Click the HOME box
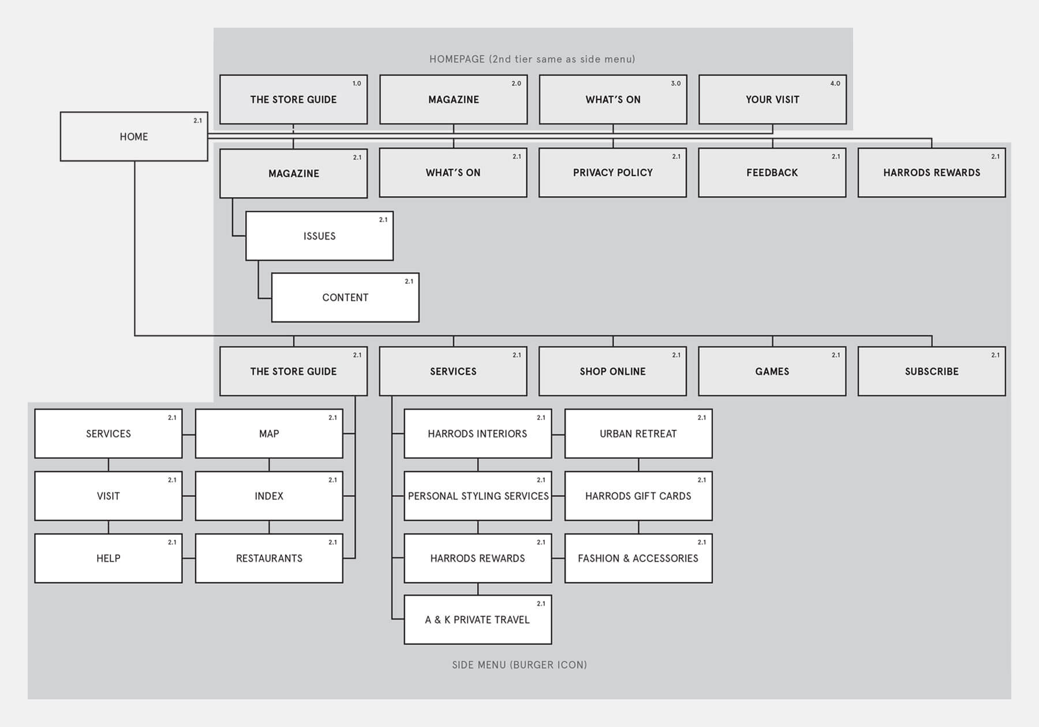134,137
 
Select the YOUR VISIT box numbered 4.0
772,99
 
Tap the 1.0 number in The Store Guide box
357,84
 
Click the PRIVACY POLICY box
612,173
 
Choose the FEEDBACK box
772,173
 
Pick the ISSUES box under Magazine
319,236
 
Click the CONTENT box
345,298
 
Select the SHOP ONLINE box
612,372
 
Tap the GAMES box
772,372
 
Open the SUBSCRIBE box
932,372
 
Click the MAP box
269,434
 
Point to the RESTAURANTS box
269,559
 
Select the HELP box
109,559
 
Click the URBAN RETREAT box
638,434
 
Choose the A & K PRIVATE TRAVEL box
477,620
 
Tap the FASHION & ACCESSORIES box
638,559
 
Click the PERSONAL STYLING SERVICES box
478,496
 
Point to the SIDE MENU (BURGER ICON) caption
519,665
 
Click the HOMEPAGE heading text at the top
532,59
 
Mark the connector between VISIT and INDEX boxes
189,496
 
